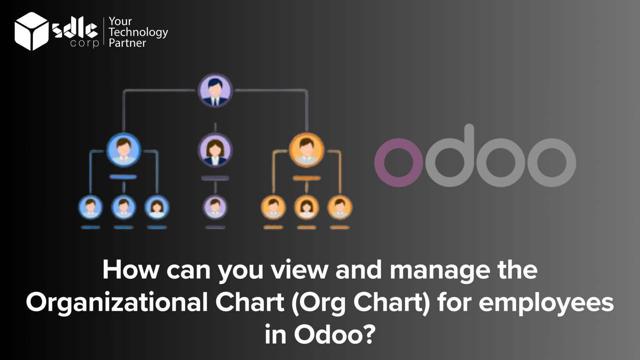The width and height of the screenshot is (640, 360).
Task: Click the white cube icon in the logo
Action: [31, 31]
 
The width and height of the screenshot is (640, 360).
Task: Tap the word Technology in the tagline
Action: [138, 32]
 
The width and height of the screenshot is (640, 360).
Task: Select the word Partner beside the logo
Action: [127, 43]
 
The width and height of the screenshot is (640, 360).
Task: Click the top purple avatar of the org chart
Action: [215, 90]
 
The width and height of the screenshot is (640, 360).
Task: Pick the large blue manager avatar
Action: [123, 150]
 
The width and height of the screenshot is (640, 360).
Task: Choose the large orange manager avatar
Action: [307, 150]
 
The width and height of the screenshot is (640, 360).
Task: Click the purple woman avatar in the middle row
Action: [215, 150]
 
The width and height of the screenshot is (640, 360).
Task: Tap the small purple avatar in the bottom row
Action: [215, 207]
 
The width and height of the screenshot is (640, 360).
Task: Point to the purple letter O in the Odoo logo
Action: [398, 162]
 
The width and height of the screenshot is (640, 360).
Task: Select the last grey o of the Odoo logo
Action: [552, 162]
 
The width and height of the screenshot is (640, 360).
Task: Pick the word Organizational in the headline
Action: [117, 303]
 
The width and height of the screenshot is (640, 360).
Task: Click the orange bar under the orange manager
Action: [307, 178]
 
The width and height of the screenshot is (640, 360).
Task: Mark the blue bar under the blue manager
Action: [123, 177]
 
